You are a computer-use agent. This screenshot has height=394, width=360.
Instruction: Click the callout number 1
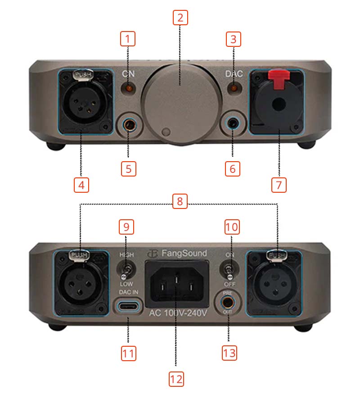click(x=127, y=39)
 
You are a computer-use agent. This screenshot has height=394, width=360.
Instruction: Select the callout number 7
click(x=278, y=184)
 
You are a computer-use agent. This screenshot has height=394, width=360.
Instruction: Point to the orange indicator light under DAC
click(x=233, y=88)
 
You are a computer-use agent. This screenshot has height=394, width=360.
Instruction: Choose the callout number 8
click(x=180, y=201)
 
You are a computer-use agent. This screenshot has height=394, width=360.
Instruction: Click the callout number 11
click(x=128, y=353)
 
